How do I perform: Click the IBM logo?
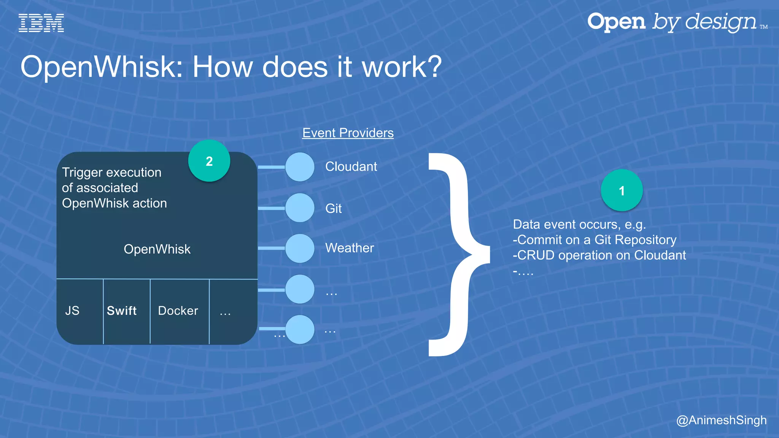pyautogui.click(x=41, y=23)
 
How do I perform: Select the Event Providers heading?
pyautogui.click(x=348, y=133)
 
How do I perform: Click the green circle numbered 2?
pyautogui.click(x=209, y=161)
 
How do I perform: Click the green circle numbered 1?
pyautogui.click(x=622, y=190)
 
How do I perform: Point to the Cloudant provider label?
pyautogui.click(x=351, y=167)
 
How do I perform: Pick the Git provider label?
pyautogui.click(x=333, y=208)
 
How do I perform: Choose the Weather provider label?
pyautogui.click(x=349, y=248)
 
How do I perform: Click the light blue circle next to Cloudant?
pyautogui.click(x=300, y=167)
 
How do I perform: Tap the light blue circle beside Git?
pyautogui.click(x=300, y=208)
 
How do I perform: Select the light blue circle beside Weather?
pyautogui.click(x=300, y=248)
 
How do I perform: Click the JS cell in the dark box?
pyautogui.click(x=72, y=311)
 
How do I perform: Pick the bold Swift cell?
pyautogui.click(x=121, y=311)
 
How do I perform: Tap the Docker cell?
pyautogui.click(x=178, y=311)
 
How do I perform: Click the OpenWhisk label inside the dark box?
pyautogui.click(x=157, y=249)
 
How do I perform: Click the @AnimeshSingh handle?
pyautogui.click(x=721, y=420)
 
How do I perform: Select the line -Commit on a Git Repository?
pyautogui.click(x=594, y=240)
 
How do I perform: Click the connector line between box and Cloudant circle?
pyautogui.click(x=271, y=167)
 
